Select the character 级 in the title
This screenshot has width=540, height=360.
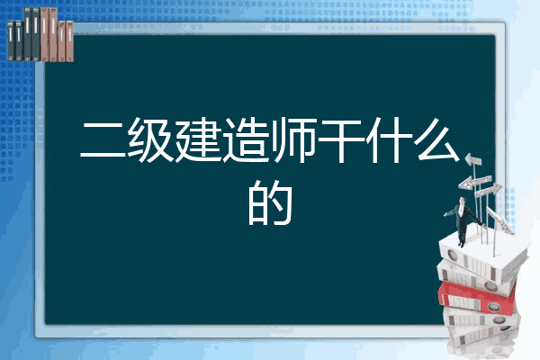(150, 139)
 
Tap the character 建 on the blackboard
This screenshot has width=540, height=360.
(198, 139)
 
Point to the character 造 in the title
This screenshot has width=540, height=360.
(246, 139)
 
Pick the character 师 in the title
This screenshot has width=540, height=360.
(293, 139)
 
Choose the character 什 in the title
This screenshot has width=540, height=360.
(389, 139)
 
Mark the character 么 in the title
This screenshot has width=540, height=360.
(437, 139)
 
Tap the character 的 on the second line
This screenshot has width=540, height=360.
(270, 203)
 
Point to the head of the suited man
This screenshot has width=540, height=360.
(463, 200)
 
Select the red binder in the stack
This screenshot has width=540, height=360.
(477, 298)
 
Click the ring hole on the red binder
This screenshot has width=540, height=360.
(493, 306)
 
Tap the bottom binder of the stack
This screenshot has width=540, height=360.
(482, 336)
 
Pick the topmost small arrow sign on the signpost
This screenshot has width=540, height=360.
(473, 159)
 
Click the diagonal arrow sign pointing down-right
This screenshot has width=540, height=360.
(500, 220)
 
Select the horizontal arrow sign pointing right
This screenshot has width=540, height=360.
(488, 191)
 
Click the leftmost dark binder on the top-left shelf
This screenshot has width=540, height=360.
(11, 40)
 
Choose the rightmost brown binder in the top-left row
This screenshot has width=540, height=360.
(69, 41)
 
